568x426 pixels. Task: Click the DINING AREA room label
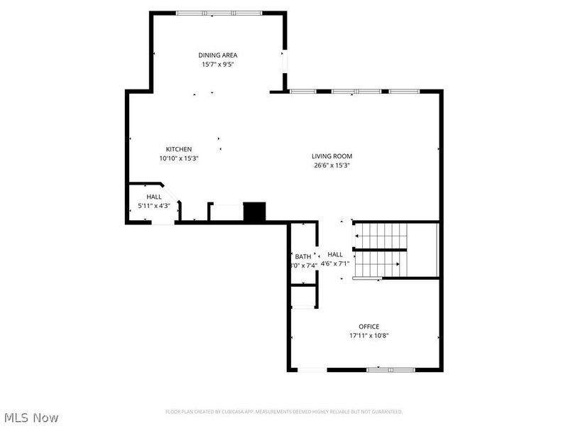pyautogui.click(x=217, y=55)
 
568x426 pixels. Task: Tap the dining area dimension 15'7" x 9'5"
pyautogui.click(x=217, y=64)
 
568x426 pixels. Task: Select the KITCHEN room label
pyautogui.click(x=179, y=149)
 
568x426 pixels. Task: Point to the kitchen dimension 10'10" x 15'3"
pyautogui.click(x=179, y=158)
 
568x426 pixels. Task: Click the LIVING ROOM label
pyautogui.click(x=332, y=156)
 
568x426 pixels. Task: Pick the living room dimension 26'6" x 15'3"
pyautogui.click(x=332, y=165)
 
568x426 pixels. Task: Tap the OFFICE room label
pyautogui.click(x=368, y=327)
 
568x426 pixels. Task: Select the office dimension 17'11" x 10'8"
pyautogui.click(x=368, y=336)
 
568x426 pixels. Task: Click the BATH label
pyautogui.click(x=303, y=256)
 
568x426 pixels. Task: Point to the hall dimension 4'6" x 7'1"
pyautogui.click(x=335, y=263)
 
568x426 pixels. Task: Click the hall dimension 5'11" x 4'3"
pyautogui.click(x=154, y=206)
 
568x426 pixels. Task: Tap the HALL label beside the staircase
pyautogui.click(x=335, y=254)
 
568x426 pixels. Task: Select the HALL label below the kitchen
pyautogui.click(x=154, y=197)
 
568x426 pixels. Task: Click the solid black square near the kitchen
pyautogui.click(x=254, y=212)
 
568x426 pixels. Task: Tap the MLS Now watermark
pyautogui.click(x=31, y=417)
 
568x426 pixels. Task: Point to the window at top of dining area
pyautogui.click(x=219, y=13)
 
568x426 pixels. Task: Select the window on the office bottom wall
pyautogui.click(x=390, y=369)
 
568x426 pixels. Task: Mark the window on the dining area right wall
pyautogui.click(x=285, y=61)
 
